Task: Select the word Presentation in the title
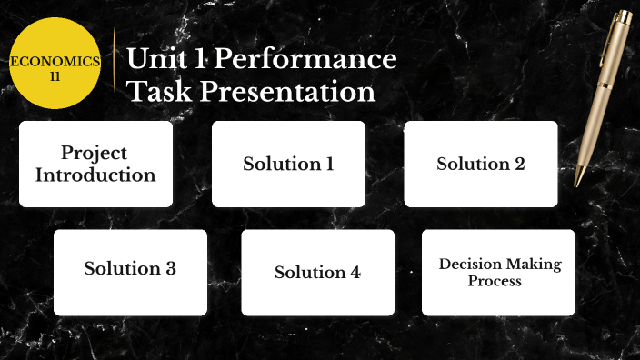pyautogui.click(x=287, y=92)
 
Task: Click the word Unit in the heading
pyautogui.click(x=155, y=60)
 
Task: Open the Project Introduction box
pyautogui.click(x=95, y=164)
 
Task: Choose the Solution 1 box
pyautogui.click(x=288, y=164)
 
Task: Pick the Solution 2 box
pyautogui.click(x=480, y=164)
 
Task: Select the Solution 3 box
pyautogui.click(x=130, y=272)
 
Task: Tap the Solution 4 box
pyautogui.click(x=317, y=272)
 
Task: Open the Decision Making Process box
pyautogui.click(x=498, y=272)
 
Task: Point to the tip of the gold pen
pyautogui.click(x=575, y=185)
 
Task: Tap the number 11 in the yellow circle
pyautogui.click(x=55, y=76)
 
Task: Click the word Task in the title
pyautogui.click(x=154, y=92)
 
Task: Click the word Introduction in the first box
pyautogui.click(x=95, y=175)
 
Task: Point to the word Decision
pyautogui.click(x=470, y=265)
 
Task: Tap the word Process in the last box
pyautogui.click(x=495, y=281)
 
